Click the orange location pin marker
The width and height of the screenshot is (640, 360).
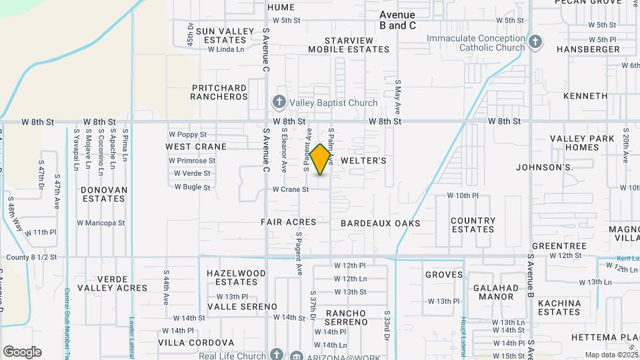pos(321,159)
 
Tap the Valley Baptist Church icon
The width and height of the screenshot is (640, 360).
pos(279,103)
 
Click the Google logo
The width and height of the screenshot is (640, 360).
pos(23,351)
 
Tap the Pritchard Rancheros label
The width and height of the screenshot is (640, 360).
pos(219,92)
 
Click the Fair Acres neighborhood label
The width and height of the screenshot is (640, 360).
pos(288,223)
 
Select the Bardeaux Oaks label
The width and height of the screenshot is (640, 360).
pos(381,223)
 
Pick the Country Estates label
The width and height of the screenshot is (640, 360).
pos(473,225)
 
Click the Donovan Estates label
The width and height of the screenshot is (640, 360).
pos(104,194)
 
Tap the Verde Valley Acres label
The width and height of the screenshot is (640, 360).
pos(113,283)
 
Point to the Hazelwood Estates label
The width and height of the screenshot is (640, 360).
pos(236,278)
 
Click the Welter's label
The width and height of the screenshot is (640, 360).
pos(363,161)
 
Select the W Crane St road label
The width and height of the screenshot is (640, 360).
pos(291,189)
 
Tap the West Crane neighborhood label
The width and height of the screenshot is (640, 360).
pos(196,147)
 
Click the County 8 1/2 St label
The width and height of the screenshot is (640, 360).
pos(31,257)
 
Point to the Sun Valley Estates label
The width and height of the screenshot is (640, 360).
pos(225,35)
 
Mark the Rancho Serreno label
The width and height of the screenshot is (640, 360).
pos(346,317)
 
